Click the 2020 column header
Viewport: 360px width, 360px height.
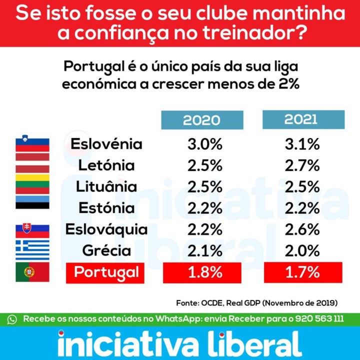pos(201,120)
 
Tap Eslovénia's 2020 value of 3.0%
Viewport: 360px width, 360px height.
pos(204,144)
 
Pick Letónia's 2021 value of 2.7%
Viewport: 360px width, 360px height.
pos(302,165)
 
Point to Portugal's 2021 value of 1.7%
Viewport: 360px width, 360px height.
pos(302,273)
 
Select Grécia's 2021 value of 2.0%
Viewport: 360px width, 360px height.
pos(302,250)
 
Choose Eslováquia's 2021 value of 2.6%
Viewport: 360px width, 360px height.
pos(302,229)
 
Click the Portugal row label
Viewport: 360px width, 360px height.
pos(106,273)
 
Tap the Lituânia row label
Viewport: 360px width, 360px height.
pos(106,187)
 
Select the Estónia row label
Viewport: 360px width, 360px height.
pos(108,208)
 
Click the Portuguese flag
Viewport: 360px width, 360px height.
pos(32,272)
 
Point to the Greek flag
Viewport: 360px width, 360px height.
pos(32,250)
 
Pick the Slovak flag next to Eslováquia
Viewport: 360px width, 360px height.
pos(32,229)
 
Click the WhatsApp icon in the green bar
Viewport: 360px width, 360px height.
pos(12,319)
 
